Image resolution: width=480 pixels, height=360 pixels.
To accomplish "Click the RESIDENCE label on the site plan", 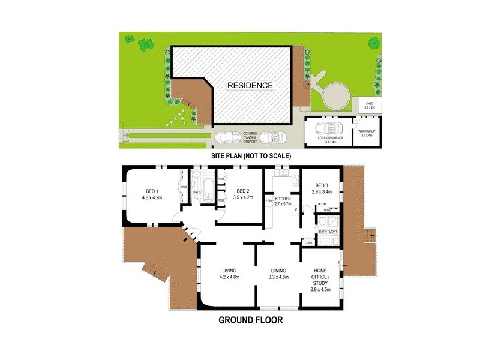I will [x=250, y=85].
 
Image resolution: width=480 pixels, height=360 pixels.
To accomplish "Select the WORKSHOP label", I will [x=366, y=133].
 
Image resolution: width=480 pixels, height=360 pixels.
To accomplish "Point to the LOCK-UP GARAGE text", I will [x=330, y=140].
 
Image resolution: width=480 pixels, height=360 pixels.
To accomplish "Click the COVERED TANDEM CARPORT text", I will [x=250, y=137].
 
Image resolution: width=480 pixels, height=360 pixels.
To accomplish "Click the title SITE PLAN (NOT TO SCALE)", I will [x=250, y=155].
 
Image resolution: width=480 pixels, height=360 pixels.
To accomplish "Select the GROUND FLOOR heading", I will [x=251, y=320].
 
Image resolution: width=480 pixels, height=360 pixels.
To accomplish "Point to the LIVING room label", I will [x=230, y=274].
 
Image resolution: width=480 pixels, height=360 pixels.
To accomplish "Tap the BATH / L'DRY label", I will [x=328, y=231].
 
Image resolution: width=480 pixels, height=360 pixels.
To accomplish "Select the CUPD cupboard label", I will [x=308, y=242].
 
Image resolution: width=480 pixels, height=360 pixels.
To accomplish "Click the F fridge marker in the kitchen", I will [x=296, y=211].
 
